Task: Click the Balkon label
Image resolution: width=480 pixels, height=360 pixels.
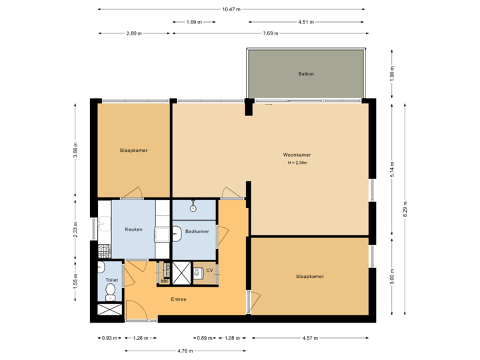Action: point(306,74)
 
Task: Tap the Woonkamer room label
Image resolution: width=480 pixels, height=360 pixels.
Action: point(297,155)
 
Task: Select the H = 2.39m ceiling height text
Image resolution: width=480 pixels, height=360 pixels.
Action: point(297,163)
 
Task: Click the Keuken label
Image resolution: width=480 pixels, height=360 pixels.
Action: point(134,229)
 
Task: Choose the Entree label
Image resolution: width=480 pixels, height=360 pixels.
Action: point(178,299)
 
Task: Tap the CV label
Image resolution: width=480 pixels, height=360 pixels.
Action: point(209,270)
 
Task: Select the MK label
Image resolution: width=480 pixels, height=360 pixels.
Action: point(164,281)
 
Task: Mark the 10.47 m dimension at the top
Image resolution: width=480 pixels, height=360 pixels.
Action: point(231,9)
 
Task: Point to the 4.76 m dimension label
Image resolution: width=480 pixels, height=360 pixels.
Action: point(186,351)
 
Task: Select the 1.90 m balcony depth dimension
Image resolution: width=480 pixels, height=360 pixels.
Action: point(392,73)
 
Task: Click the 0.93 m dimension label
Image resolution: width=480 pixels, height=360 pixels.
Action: point(106,338)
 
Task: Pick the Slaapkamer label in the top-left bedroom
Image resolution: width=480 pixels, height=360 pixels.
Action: point(134,151)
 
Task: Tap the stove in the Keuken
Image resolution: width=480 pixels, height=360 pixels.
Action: point(103,251)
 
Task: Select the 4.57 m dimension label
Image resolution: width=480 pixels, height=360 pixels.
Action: point(309,338)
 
